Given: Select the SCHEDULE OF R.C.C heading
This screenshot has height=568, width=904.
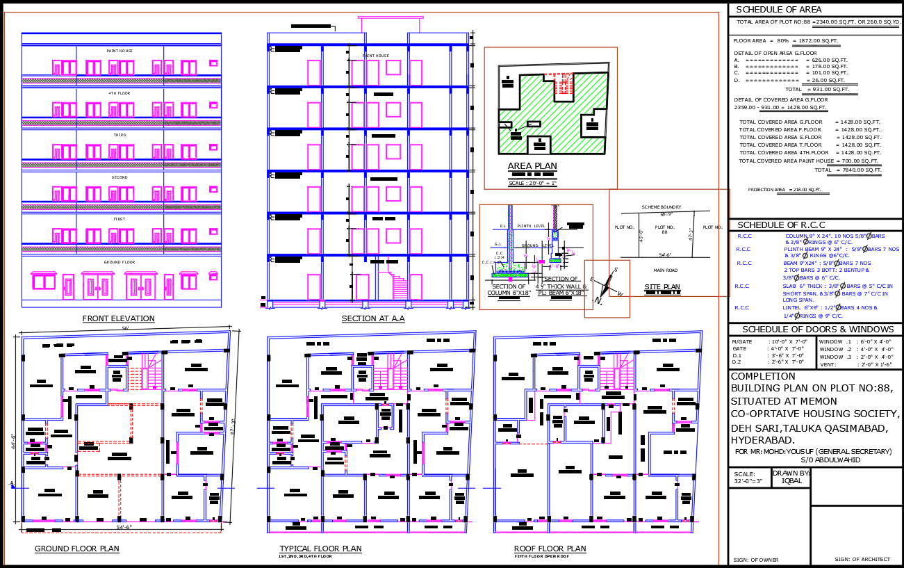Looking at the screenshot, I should (x=781, y=225).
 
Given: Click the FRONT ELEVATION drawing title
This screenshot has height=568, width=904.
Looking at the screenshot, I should (x=118, y=319).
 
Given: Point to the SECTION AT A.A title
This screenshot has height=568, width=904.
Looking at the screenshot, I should (x=372, y=319).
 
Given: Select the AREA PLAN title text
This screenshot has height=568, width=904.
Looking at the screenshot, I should (x=532, y=166).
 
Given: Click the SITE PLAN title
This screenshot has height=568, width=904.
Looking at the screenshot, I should (x=661, y=287).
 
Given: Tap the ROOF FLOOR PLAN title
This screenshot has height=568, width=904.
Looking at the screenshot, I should (x=550, y=549).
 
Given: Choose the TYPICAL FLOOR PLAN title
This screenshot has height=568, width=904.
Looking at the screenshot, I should (x=320, y=549).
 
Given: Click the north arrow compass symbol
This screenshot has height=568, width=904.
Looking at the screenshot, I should (x=607, y=285).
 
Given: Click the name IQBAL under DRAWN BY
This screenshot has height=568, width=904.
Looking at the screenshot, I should (x=791, y=480).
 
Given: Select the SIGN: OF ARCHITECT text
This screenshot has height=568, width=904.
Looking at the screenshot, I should (x=862, y=559).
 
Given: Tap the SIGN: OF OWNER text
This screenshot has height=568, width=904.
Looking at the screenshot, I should (x=755, y=560).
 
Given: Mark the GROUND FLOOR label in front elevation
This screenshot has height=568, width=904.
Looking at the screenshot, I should (x=120, y=262).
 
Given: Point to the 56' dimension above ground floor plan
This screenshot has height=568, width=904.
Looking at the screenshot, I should (x=126, y=328).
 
